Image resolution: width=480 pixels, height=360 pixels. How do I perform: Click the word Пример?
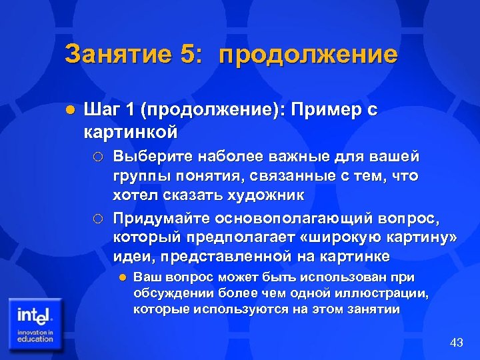click(321, 110)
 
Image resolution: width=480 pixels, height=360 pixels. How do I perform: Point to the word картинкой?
click(131, 131)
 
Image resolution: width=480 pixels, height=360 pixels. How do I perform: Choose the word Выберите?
click(150, 157)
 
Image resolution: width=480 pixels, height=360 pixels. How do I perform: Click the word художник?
click(266, 195)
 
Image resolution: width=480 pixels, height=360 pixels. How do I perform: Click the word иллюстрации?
click(390, 293)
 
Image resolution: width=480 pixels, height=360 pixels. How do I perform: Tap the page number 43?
click(457, 343)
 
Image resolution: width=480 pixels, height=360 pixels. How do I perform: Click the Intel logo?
click(35, 313)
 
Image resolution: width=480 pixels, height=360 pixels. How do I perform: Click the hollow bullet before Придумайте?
click(97, 218)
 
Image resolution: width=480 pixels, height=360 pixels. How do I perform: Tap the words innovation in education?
click(35, 335)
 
